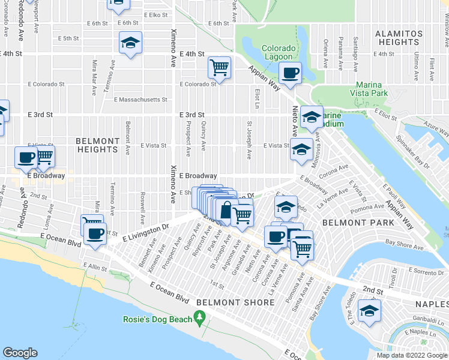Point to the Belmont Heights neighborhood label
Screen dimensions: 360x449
(x=97, y=145)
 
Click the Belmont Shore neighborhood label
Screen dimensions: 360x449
(x=235, y=302)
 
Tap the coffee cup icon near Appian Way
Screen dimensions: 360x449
(x=291, y=73)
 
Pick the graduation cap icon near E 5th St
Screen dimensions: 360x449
(x=130, y=43)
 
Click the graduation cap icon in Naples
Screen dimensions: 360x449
(x=368, y=310)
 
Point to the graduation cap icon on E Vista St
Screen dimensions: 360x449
(x=300, y=149)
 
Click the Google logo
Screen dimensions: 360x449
(x=20, y=353)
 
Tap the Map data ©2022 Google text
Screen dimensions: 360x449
(x=412, y=356)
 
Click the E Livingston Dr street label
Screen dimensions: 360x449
(x=145, y=232)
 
